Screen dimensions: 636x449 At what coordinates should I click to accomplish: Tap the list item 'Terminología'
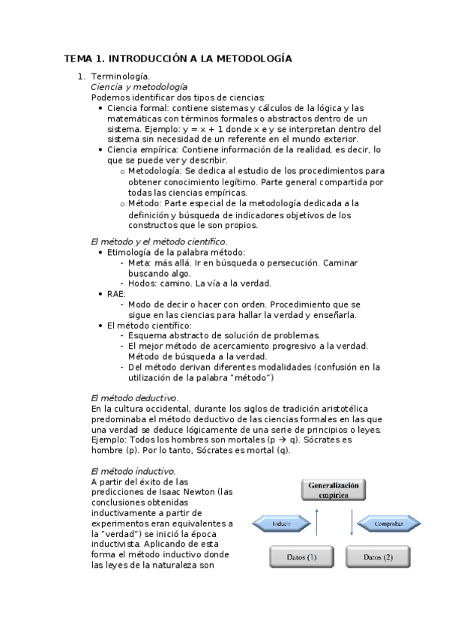click(119, 76)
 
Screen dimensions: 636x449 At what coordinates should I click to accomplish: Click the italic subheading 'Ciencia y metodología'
click(138, 87)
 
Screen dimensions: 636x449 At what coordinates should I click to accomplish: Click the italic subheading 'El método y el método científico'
click(157, 241)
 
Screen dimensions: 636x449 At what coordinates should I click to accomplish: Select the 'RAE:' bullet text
click(117, 294)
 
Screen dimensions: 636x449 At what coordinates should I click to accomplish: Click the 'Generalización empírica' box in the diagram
click(334, 490)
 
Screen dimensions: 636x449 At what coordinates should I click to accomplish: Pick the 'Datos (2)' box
click(378, 556)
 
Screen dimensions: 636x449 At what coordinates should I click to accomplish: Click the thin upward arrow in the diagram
click(318, 523)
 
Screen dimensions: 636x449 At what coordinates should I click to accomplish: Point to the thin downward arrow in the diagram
click(351, 523)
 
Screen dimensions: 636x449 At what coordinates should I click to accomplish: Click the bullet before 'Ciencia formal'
click(100, 108)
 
